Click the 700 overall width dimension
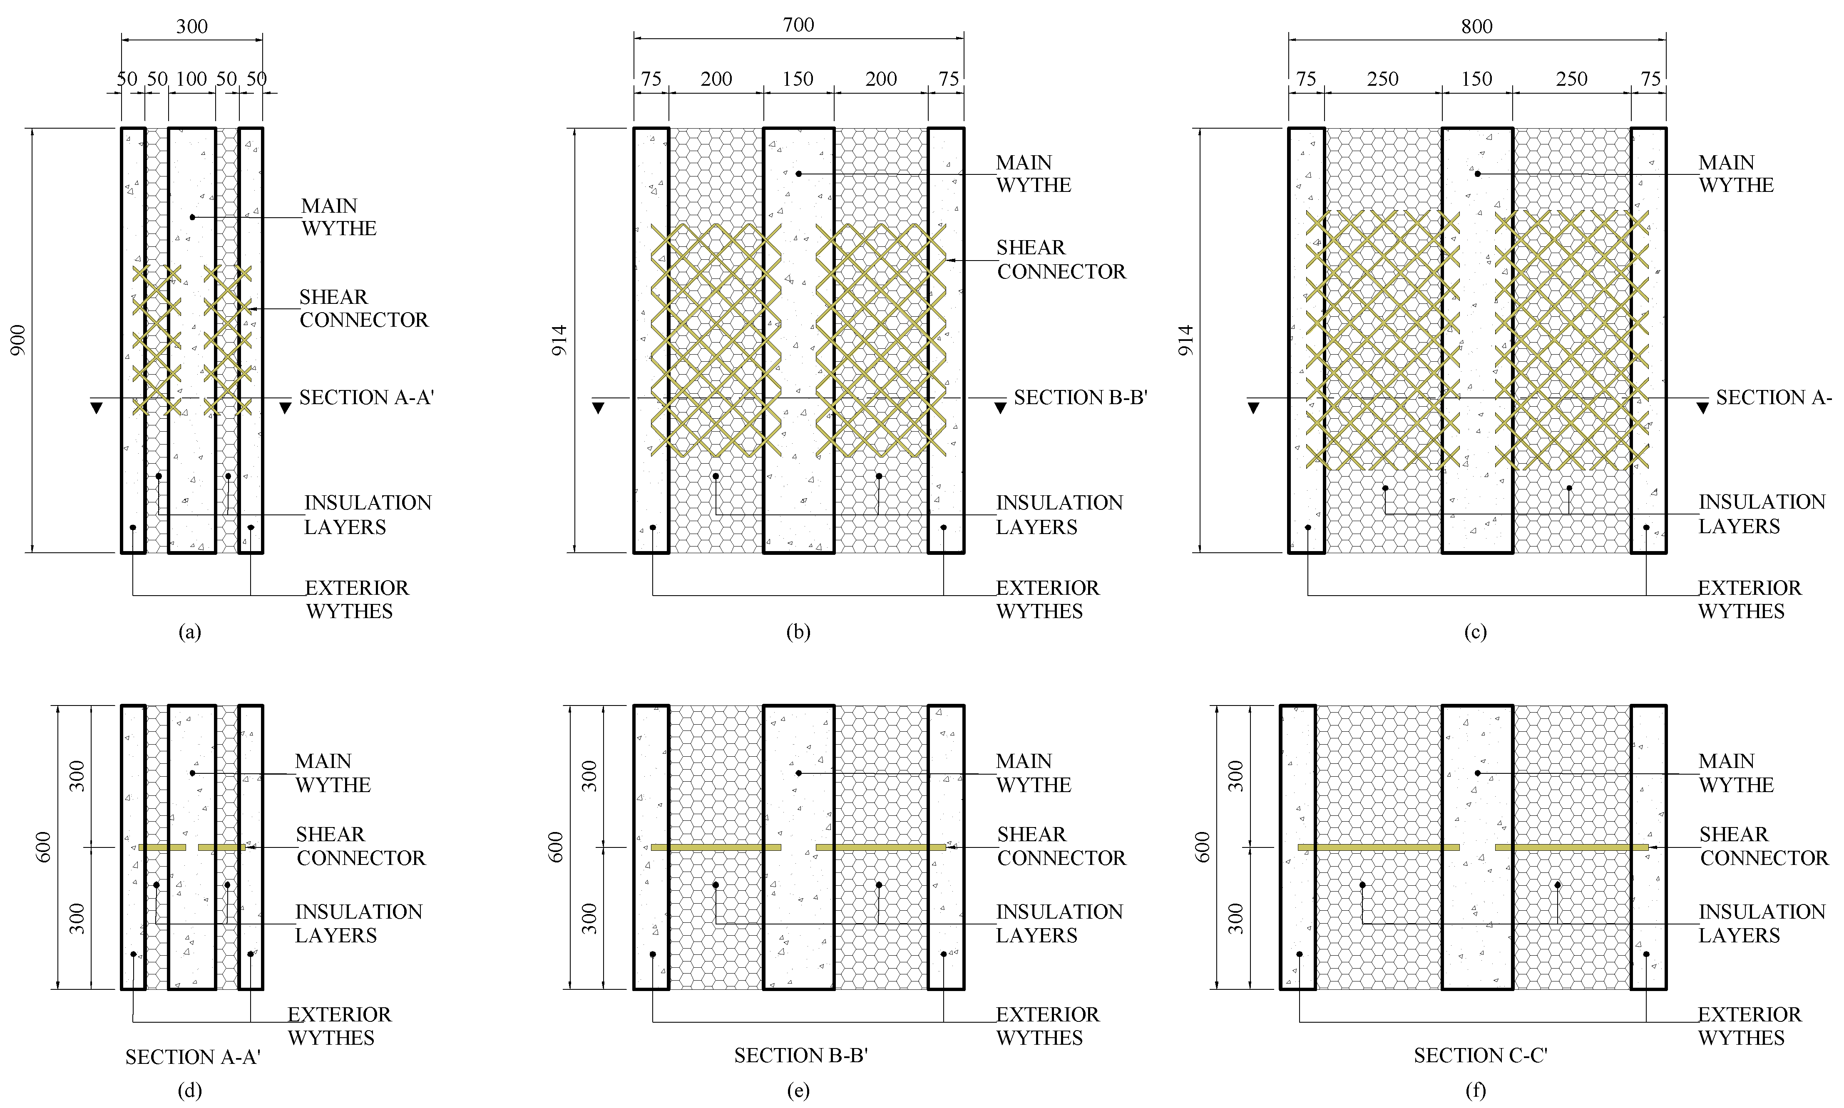click(798, 25)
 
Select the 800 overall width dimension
click(1476, 27)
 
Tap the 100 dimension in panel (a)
click(191, 79)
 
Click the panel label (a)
click(190, 632)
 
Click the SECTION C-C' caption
click(1481, 1056)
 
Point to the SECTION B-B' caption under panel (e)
click(800, 1056)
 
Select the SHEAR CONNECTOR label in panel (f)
click(1763, 846)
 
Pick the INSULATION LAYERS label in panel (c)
click(1761, 514)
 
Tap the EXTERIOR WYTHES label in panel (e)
click(1047, 1026)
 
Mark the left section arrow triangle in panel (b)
click(598, 407)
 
